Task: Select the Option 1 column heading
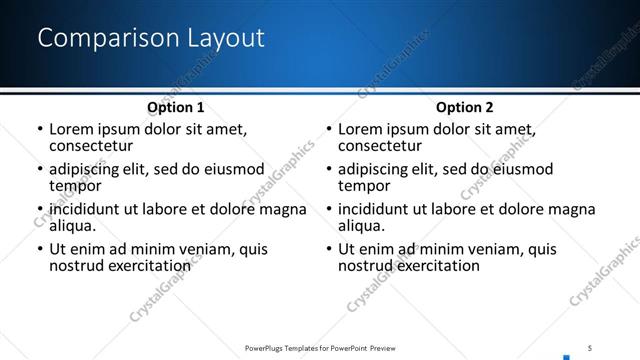(x=175, y=107)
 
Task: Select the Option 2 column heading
(x=464, y=107)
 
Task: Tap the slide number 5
(x=590, y=347)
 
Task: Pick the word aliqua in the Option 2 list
(x=363, y=226)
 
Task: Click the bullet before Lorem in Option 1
(x=39, y=130)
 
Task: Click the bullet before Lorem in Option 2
(x=328, y=130)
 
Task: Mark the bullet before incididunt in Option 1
(x=39, y=210)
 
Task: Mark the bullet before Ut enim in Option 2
(x=328, y=249)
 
